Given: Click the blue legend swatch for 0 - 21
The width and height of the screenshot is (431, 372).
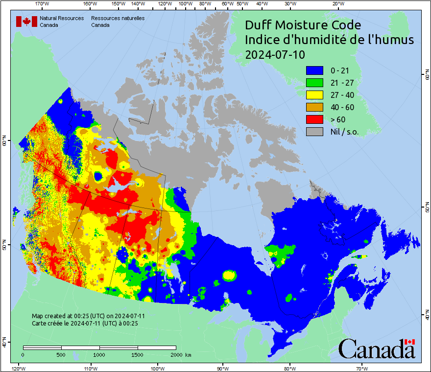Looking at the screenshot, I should point(315,70).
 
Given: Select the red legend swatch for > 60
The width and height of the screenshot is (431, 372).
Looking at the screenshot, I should point(315,119).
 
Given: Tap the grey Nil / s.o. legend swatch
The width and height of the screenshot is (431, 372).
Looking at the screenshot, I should point(315,132).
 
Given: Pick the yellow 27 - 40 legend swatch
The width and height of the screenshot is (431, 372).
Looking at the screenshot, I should point(315,95).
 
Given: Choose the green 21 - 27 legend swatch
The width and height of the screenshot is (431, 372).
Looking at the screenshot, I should point(315,83).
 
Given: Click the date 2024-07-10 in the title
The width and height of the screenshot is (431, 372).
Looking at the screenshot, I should point(275,55).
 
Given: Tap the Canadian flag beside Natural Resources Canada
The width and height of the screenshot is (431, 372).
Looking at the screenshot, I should point(26,22).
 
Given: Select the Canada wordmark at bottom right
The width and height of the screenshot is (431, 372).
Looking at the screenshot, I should point(376,349).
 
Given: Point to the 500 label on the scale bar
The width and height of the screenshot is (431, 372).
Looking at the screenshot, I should point(61,354).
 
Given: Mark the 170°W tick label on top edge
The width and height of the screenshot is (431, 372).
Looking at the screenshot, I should point(43,4).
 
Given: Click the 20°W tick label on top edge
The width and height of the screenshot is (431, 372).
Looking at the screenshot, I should point(337,4).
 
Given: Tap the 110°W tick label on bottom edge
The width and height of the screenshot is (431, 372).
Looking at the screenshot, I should point(90,368).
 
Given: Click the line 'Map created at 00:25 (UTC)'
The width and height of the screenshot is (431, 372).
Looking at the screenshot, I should point(88,316).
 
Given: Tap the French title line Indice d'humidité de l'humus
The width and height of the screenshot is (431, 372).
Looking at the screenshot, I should point(329,40).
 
